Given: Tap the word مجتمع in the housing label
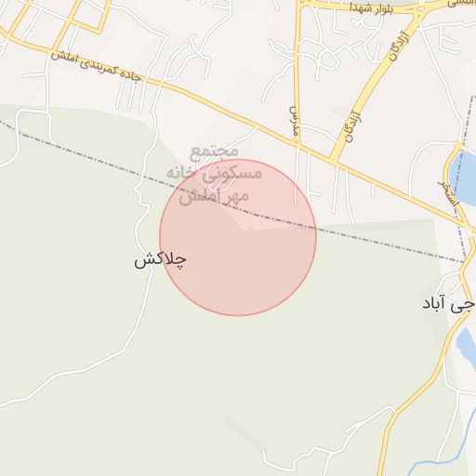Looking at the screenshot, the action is [x=215, y=151].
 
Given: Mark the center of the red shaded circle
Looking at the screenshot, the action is [x=238, y=237].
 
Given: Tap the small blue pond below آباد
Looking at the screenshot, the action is [x=467, y=346].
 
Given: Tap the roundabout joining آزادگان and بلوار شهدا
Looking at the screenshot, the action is [x=415, y=12].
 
